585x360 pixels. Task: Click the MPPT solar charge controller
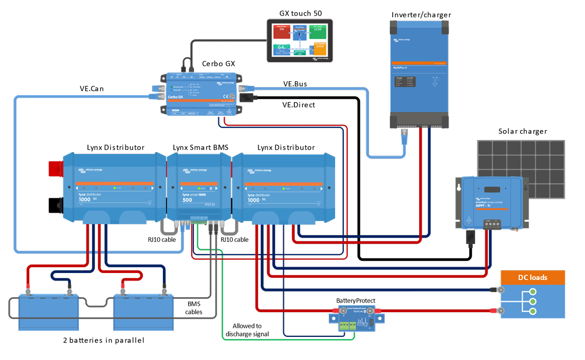coord(489,202)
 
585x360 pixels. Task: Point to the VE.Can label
coord(93,89)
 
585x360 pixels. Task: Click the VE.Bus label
coord(295,84)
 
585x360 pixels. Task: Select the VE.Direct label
coord(299,105)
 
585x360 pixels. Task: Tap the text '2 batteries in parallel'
coord(103,340)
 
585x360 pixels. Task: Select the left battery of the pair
coord(48,311)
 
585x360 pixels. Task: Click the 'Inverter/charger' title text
coord(420,14)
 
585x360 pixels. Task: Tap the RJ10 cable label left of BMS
coord(162,240)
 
